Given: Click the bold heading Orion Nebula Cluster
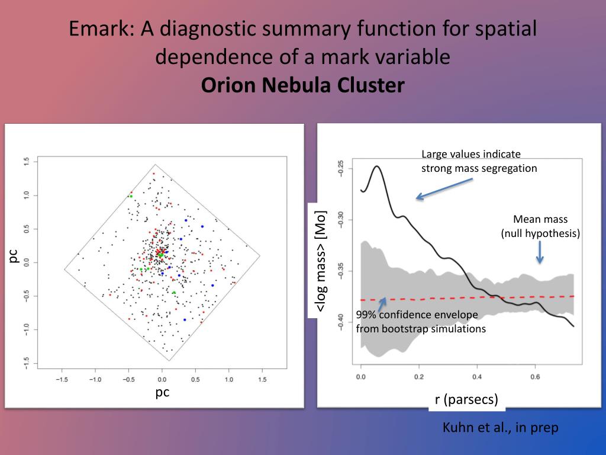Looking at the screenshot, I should click(x=302, y=85).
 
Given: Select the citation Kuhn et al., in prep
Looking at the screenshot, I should click(x=500, y=427).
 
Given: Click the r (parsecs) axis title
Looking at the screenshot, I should click(x=466, y=399).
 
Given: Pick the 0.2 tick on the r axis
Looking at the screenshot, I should click(x=418, y=376).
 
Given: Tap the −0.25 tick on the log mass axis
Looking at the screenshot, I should click(x=341, y=169).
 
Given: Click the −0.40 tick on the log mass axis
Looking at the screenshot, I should click(x=341, y=323).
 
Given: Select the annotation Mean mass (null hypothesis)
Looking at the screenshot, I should click(x=540, y=226).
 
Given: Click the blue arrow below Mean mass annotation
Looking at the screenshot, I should click(x=539, y=254).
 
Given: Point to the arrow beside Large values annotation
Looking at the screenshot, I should click(x=443, y=188).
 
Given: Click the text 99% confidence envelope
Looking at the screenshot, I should click(x=420, y=315).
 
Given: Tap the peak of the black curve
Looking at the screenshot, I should click(x=376, y=166).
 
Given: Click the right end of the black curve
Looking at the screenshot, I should click(x=573, y=326).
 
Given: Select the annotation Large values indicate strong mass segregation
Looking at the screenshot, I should click(x=479, y=161).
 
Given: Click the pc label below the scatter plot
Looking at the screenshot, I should click(x=163, y=392).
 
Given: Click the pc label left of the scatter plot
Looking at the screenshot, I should click(x=14, y=255).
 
